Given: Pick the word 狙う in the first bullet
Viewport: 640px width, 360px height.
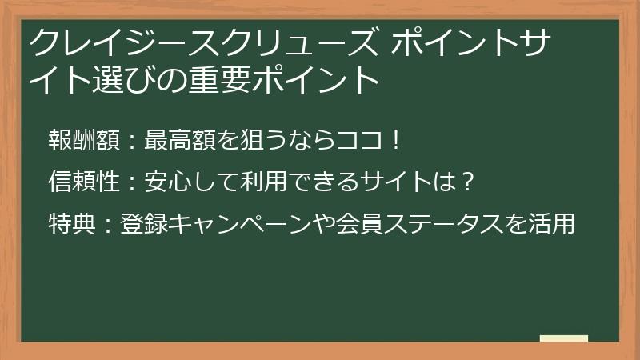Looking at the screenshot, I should [250, 141].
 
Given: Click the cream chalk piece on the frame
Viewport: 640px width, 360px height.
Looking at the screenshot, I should [564, 338].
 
